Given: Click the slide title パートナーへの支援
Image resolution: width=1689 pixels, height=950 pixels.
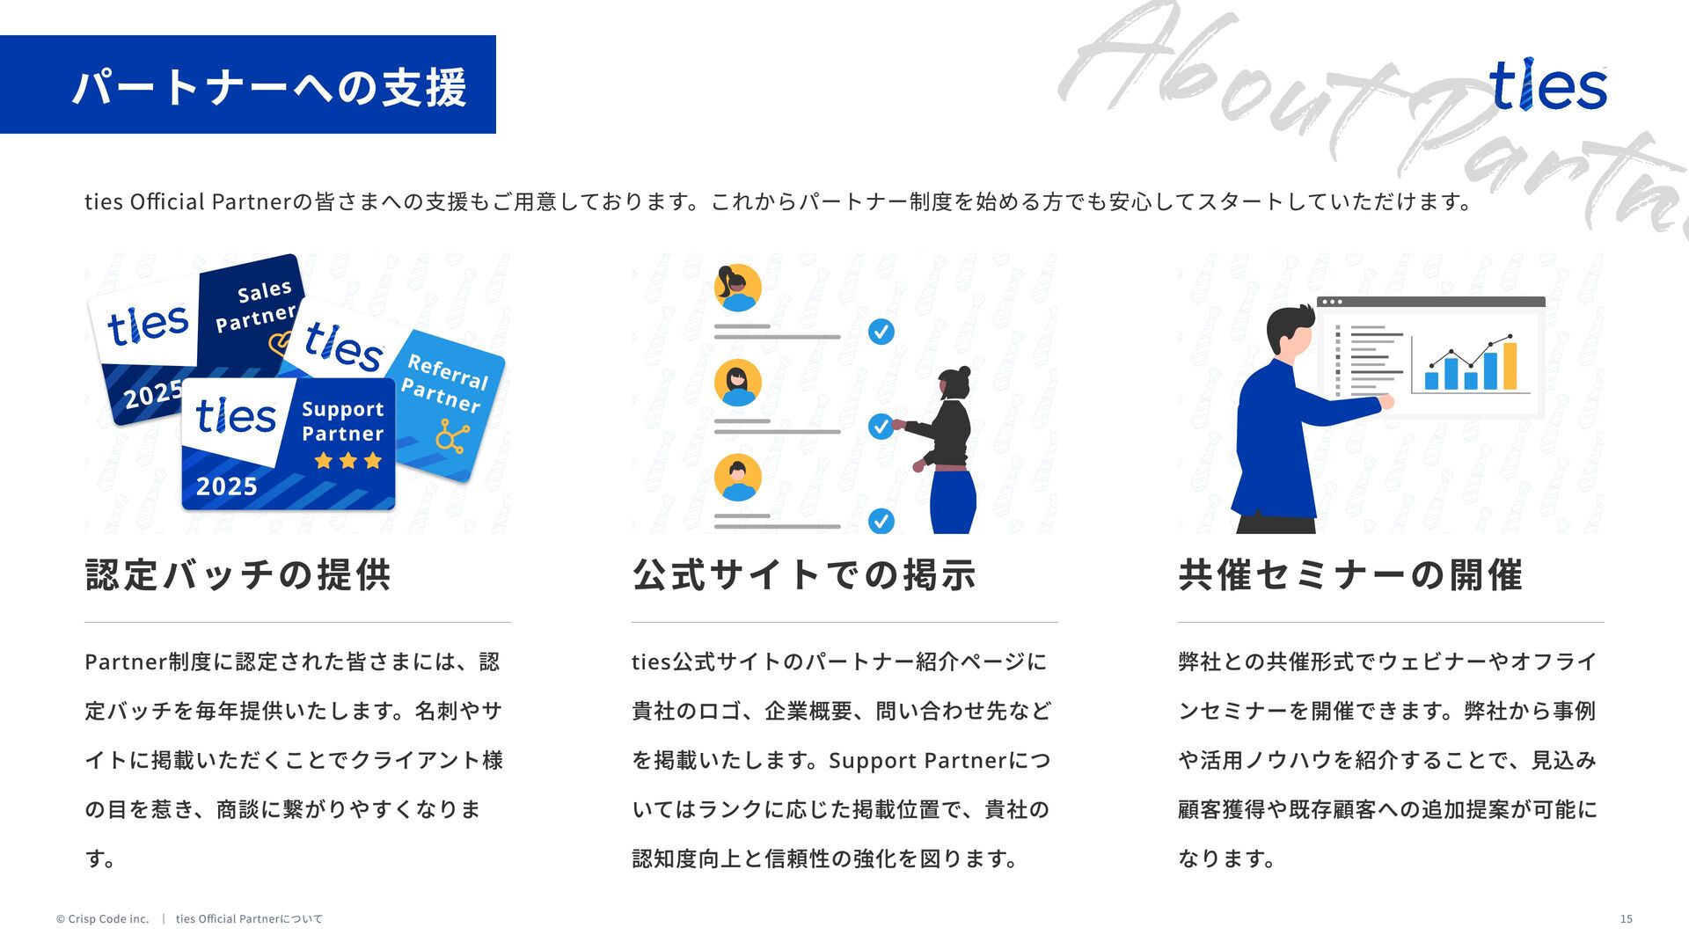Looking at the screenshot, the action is [268, 86].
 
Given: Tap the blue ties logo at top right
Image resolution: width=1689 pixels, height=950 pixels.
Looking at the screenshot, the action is [1547, 85].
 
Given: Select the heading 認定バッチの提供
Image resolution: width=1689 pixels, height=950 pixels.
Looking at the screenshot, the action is [238, 575].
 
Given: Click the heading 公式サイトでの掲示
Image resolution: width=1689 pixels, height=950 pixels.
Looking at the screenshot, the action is [804, 575].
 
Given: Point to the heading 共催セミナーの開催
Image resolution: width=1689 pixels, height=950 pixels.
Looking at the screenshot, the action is [1350, 575].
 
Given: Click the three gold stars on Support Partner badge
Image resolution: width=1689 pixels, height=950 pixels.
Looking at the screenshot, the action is [348, 460].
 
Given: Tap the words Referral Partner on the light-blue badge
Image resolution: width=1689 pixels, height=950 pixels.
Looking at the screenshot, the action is [444, 384].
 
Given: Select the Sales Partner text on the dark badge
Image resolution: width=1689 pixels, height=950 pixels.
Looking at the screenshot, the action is [256, 305].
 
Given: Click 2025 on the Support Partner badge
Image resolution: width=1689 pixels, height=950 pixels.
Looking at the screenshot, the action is [227, 486].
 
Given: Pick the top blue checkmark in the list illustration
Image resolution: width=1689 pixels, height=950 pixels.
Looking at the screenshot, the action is [881, 332].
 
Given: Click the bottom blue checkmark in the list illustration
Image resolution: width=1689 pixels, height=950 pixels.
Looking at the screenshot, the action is [881, 521].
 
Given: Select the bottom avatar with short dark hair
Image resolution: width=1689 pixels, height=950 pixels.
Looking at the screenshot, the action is [737, 478].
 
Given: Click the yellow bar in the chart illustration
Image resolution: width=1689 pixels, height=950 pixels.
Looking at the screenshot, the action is [1510, 366].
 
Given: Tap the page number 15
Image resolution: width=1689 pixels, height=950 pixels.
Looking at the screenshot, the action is [1626, 919].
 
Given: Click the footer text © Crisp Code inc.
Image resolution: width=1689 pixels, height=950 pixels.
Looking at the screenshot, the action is [102, 919].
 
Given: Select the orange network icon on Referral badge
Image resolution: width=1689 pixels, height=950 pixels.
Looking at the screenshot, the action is [452, 436].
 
